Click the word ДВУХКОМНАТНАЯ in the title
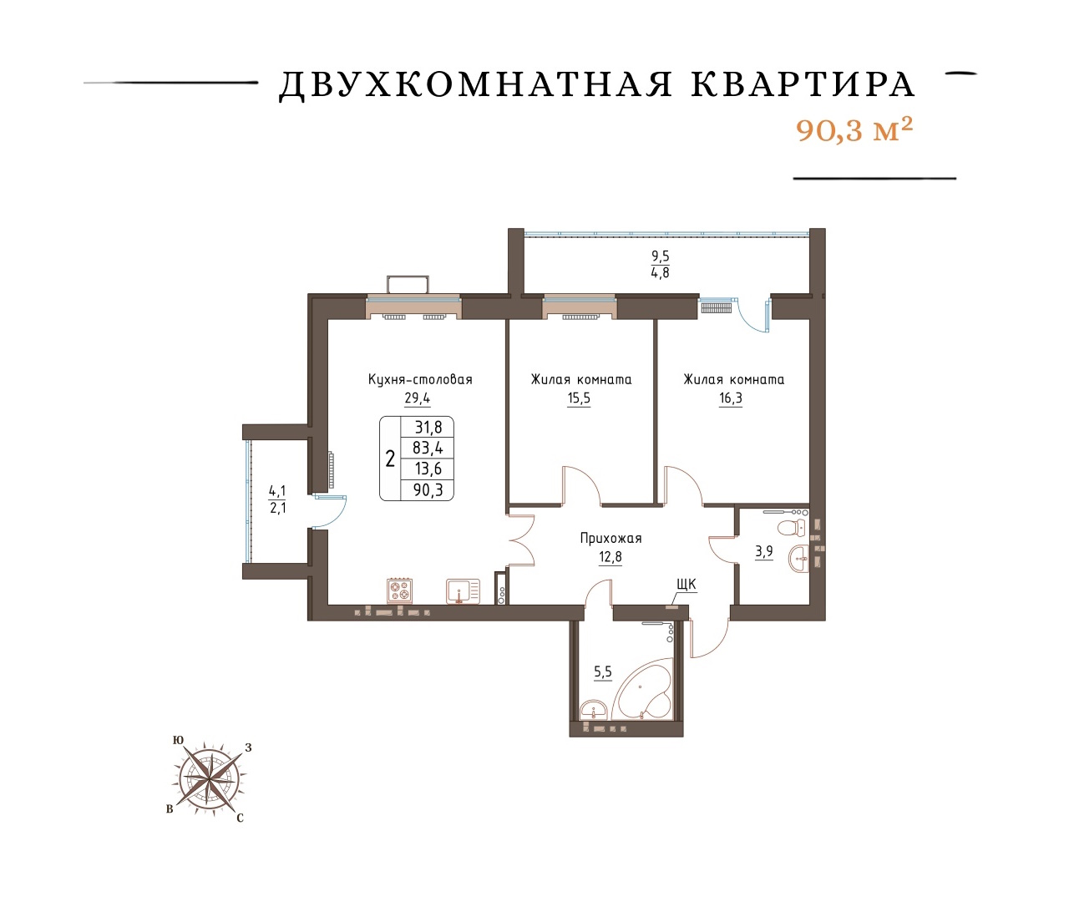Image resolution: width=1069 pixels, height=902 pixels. tap(475, 85)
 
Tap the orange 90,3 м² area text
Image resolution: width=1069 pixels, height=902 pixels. tap(854, 131)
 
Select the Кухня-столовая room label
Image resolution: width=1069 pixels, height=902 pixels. tap(420, 379)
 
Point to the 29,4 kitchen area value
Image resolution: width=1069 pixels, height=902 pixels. tap(418, 398)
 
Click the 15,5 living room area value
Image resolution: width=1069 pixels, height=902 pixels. tap(579, 398)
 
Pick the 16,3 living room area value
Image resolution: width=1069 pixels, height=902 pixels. tap(731, 398)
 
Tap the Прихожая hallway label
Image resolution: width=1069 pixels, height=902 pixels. tap(610, 539)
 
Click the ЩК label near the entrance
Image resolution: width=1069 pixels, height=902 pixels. tap(686, 584)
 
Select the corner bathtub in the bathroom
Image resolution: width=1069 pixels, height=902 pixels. tap(642, 690)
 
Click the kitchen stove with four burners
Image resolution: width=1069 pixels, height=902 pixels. tap(400, 590)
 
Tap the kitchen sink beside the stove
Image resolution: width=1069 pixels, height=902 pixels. tap(463, 591)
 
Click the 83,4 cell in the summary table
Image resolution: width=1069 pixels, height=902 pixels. tap(428, 448)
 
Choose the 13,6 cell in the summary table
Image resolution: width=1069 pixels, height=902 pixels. tap(428, 469)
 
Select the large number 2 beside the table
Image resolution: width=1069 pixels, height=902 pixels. tap(390, 459)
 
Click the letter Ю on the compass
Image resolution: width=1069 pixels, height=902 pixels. tap(179, 740)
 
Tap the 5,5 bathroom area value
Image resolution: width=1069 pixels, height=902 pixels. tap(603, 671)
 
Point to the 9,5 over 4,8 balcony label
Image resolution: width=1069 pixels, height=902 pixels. tap(661, 264)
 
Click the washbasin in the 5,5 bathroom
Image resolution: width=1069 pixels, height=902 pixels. tap(593, 710)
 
